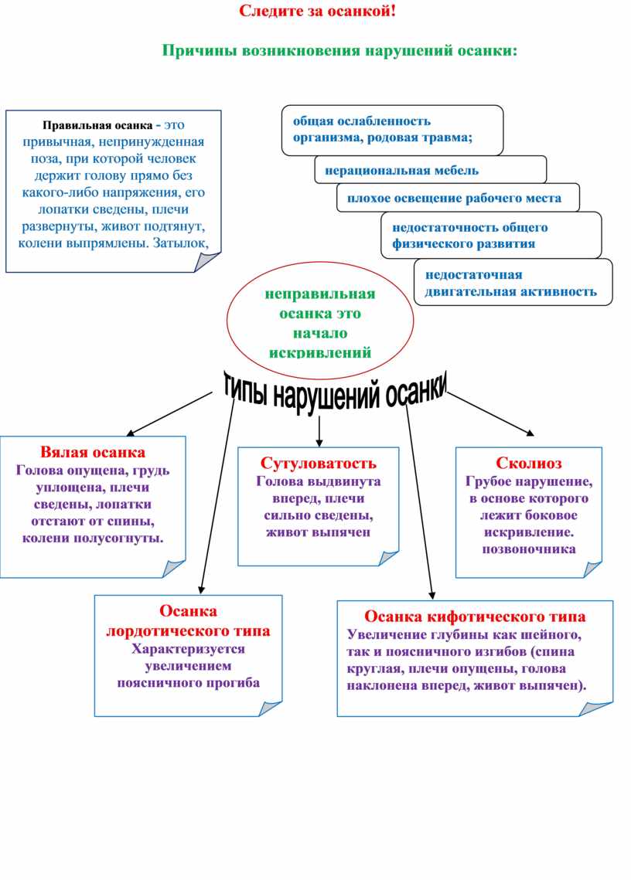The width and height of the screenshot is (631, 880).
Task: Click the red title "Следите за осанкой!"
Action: point(318,12)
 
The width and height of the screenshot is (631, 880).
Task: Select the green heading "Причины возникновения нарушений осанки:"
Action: point(339,51)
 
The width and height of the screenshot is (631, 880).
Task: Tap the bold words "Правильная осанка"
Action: point(97,125)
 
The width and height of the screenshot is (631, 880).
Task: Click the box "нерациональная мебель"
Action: point(431,170)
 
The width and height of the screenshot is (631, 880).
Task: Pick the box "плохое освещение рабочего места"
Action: point(458,198)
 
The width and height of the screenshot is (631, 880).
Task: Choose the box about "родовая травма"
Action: point(392,131)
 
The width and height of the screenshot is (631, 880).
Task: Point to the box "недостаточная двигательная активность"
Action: point(513,282)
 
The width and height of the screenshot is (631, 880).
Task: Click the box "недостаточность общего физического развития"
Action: point(491,235)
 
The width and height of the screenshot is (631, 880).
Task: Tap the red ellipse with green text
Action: point(320,321)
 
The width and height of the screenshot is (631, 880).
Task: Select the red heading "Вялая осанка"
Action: point(93,452)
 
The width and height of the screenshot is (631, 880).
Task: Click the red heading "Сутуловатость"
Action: point(318,464)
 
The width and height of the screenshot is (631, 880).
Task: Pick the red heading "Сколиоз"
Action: point(529,464)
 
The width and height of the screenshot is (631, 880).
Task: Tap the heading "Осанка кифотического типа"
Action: point(475,617)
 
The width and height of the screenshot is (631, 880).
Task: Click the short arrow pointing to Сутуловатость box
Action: point(319,432)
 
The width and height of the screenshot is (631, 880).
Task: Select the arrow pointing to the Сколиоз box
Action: point(490,413)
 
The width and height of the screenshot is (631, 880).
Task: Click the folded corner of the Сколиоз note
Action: point(592,569)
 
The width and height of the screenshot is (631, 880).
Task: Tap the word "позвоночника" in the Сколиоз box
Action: point(529,549)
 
